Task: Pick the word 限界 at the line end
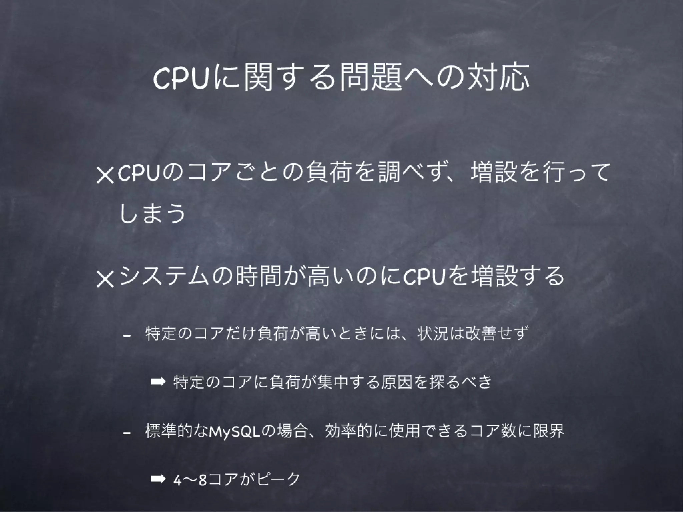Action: tap(550, 431)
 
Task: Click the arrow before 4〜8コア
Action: tap(157, 479)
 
